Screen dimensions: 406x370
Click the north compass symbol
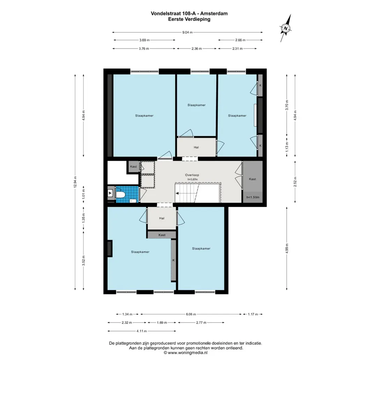pyautogui.click(x=286, y=28)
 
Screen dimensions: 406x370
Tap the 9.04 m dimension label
pyautogui.click(x=187, y=32)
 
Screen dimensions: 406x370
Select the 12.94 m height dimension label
pyautogui.click(x=75, y=182)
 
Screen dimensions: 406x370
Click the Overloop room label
pyautogui.click(x=192, y=175)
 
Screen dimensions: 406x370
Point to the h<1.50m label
pyautogui.click(x=252, y=197)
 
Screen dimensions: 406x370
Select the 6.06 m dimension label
pyautogui.click(x=191, y=314)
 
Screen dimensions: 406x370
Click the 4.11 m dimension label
pyautogui.click(x=141, y=331)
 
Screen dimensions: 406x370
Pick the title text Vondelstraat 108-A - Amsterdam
pyautogui.click(x=189, y=14)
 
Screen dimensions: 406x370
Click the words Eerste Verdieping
pyautogui.click(x=189, y=19)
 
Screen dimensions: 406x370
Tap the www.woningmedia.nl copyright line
pyautogui.click(x=185, y=353)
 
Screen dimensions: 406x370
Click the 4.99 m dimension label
pyautogui.click(x=287, y=248)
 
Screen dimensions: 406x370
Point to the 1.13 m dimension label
pyautogui.click(x=287, y=146)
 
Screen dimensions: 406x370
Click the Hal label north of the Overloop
pyautogui.click(x=196, y=147)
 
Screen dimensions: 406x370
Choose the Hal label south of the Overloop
pyautogui.click(x=162, y=218)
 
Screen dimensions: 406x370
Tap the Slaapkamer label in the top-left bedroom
pyautogui.click(x=144, y=116)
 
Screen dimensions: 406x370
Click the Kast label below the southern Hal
pyautogui.click(x=162, y=235)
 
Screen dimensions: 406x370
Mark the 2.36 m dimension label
pyautogui.click(x=197, y=49)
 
